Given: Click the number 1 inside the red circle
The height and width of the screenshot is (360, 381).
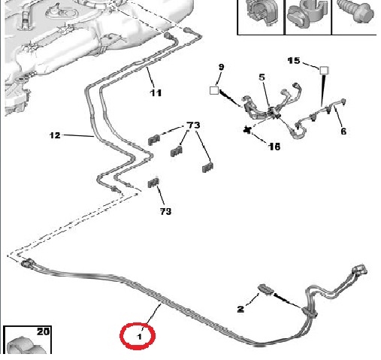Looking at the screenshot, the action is [x=140, y=337].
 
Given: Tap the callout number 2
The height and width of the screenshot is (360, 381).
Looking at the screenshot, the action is [x=240, y=309].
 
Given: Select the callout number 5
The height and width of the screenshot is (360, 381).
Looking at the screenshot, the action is [x=262, y=77].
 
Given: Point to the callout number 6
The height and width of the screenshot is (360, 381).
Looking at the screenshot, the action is [x=343, y=131].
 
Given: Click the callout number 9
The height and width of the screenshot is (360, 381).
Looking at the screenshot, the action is [x=221, y=67].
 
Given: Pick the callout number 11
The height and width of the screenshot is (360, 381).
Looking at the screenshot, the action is [x=156, y=93].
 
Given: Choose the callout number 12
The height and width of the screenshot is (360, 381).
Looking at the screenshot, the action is [x=55, y=135].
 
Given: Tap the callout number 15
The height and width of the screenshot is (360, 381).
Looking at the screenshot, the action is [x=294, y=61].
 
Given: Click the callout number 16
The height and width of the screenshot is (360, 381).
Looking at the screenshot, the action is [x=274, y=147].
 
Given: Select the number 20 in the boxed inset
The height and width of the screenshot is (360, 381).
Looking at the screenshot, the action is [x=43, y=331].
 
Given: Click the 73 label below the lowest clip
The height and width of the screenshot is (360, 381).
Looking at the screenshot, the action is [x=165, y=211].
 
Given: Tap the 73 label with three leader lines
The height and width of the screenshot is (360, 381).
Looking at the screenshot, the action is [x=193, y=125].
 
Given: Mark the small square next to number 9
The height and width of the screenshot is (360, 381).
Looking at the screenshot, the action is [x=214, y=90].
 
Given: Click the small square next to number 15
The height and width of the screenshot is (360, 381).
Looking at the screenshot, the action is [x=324, y=71].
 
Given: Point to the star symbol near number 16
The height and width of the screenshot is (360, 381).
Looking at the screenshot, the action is [x=247, y=130].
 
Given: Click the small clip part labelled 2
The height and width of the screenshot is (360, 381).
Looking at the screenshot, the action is [x=266, y=289].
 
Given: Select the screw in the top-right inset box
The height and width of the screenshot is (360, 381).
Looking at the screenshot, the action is [x=355, y=11].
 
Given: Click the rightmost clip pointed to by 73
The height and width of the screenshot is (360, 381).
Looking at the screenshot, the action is [x=207, y=168].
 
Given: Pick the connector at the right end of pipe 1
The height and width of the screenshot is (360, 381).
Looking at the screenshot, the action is [x=360, y=270].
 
